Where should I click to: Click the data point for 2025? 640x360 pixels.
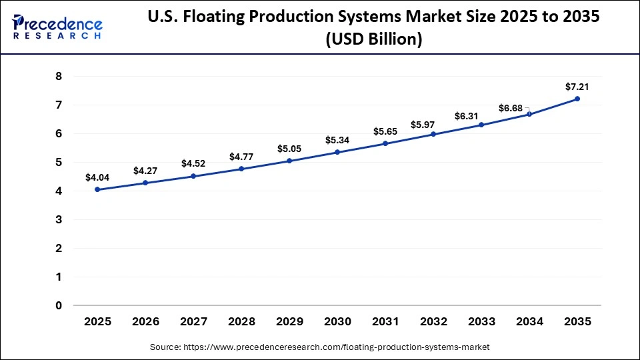(97, 189)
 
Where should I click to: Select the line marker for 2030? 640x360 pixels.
(337, 152)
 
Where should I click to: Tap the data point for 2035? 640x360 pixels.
(577, 99)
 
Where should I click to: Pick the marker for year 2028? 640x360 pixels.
(241, 169)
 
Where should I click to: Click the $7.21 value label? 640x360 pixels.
(577, 86)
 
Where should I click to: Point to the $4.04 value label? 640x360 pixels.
(97, 177)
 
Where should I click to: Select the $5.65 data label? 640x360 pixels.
(385, 131)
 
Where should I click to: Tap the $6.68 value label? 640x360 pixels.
(512, 108)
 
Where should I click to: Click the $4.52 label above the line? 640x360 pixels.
(193, 163)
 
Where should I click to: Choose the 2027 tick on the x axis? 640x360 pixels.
(193, 321)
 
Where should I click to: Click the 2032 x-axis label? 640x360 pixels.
(433, 321)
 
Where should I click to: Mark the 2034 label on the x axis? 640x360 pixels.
(529, 321)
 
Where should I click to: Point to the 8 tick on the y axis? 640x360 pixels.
(58, 77)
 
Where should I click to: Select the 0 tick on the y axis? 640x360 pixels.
(58, 305)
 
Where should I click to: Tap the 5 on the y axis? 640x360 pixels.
(58, 162)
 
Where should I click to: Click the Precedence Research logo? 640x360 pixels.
(57, 27)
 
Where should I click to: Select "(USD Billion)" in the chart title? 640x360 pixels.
(373, 40)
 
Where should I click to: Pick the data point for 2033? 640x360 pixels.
(481, 125)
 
